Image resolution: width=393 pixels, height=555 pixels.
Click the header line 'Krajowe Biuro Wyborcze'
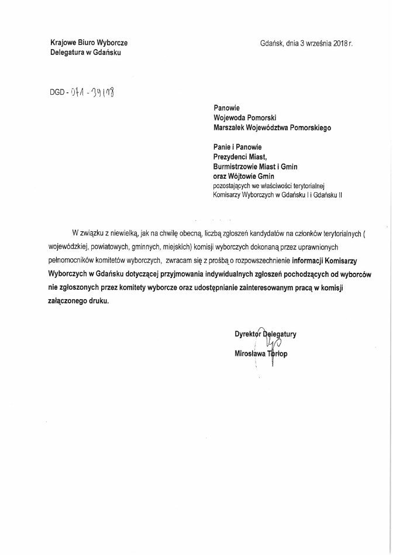click(88, 43)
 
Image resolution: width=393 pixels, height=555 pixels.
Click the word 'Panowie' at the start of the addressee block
click(226, 107)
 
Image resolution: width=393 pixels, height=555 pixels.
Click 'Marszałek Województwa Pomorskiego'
click(272, 127)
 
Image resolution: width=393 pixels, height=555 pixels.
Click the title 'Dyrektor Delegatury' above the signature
click(265, 334)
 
